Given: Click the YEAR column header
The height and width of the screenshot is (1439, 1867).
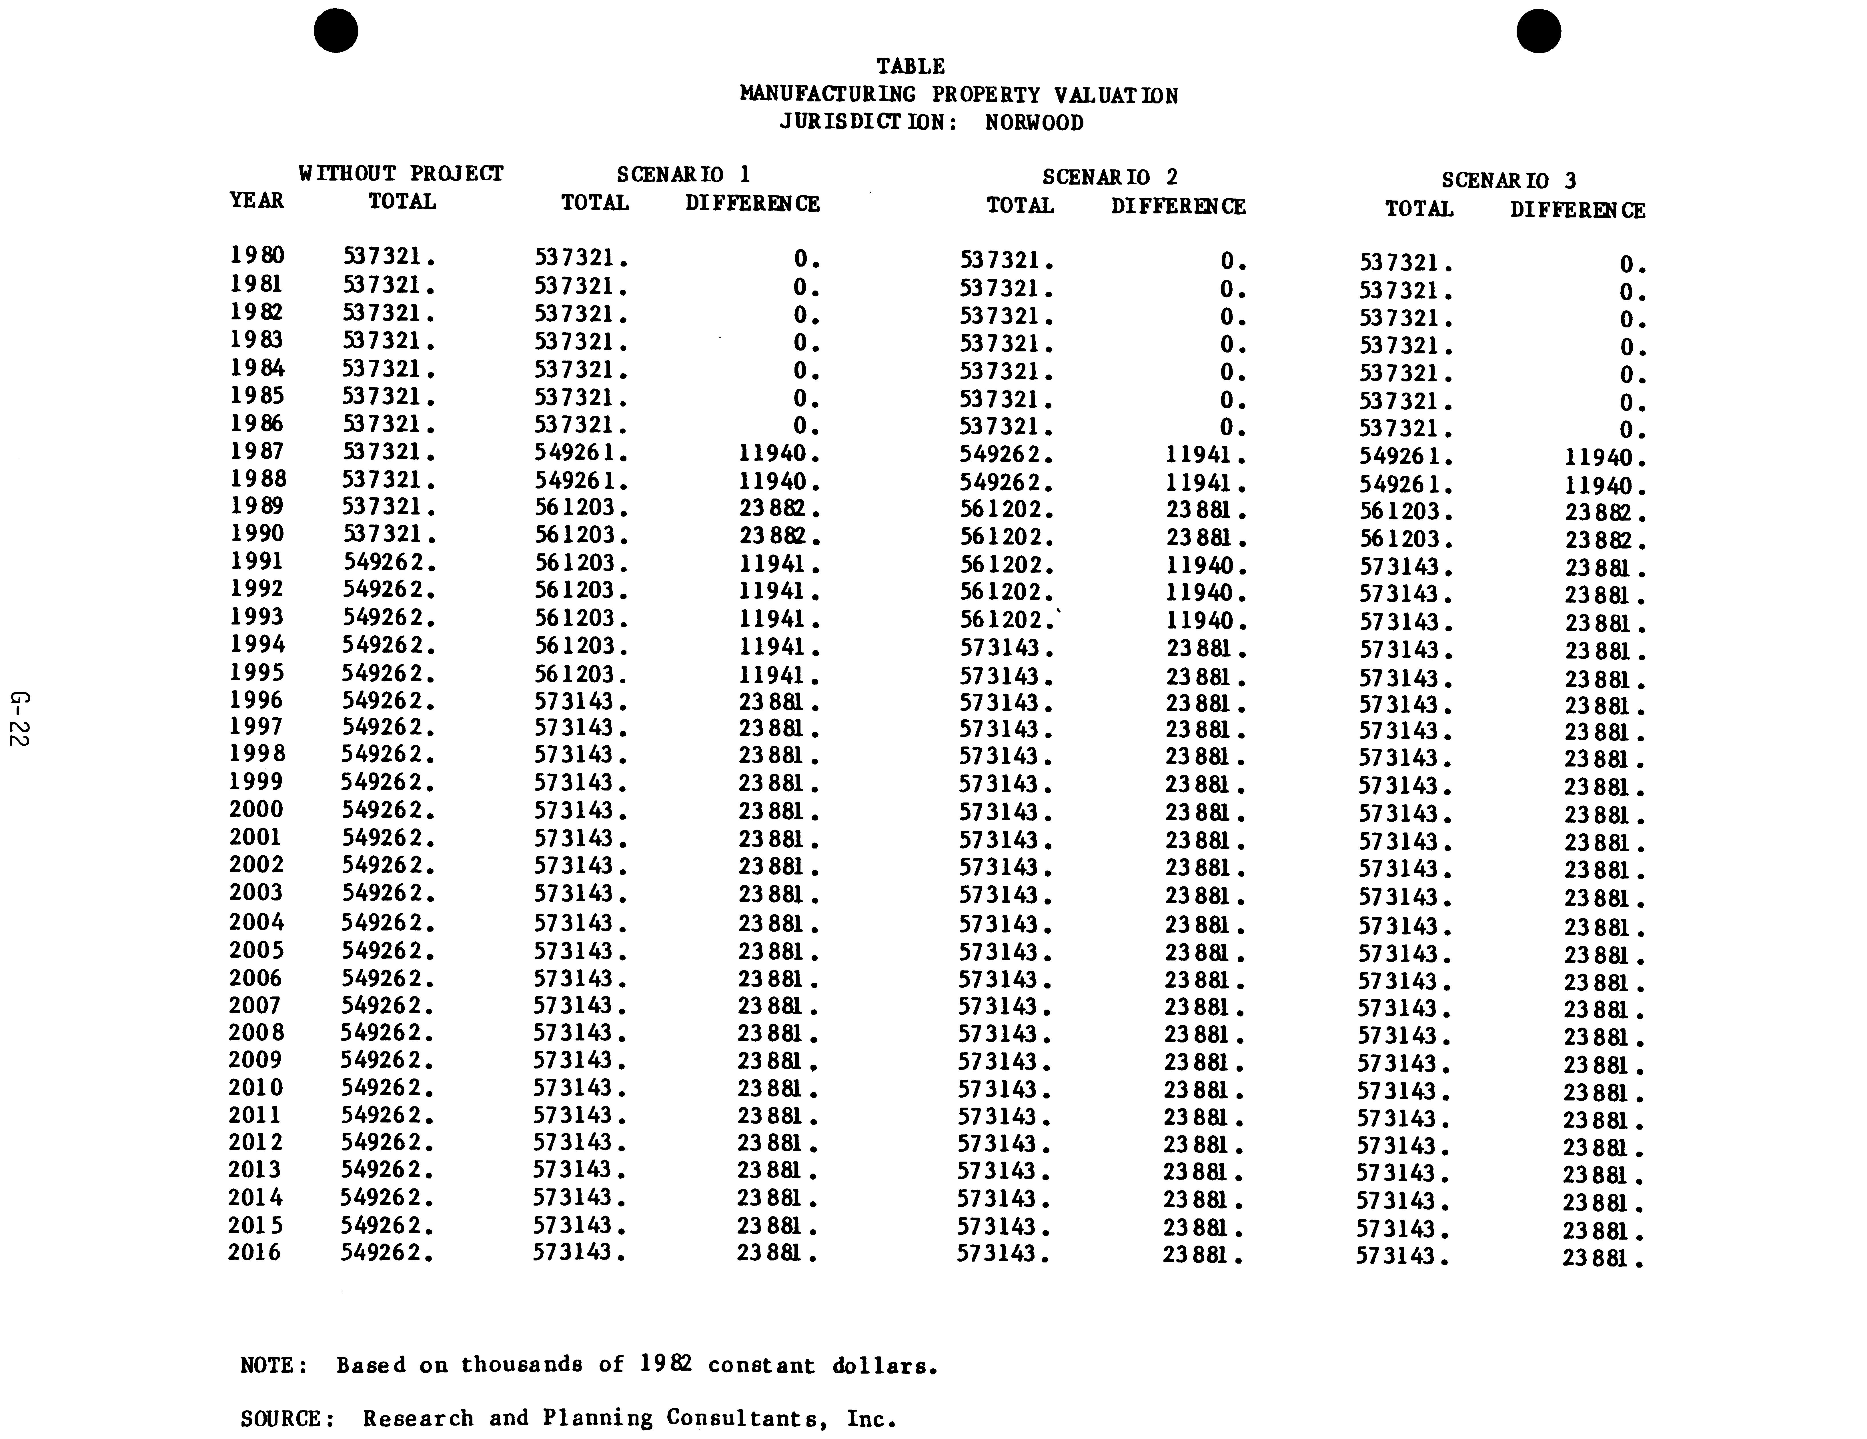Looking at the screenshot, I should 256,201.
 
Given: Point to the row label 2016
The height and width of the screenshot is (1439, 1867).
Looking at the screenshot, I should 255,1253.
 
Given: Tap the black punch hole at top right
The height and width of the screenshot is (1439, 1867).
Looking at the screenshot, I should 1539,32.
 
